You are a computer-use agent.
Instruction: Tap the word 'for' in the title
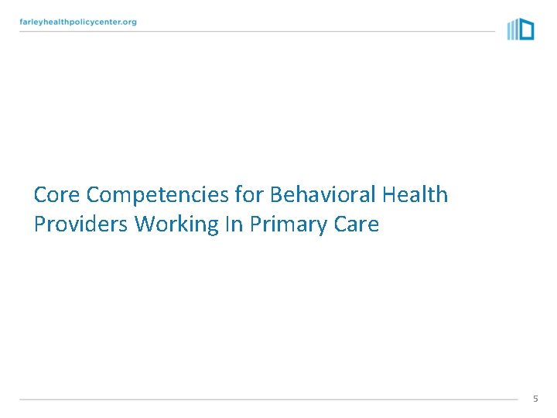247,194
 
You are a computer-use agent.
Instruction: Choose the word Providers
80,224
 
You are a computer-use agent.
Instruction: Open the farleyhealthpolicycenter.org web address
78,22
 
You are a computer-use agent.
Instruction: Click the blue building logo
521,29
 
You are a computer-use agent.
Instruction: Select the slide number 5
535,398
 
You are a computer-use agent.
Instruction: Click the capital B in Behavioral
276,194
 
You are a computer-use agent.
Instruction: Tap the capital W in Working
144,224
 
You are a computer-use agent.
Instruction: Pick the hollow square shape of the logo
526,30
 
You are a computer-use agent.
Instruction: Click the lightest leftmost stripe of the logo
509,30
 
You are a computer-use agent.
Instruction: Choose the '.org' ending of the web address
127,22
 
